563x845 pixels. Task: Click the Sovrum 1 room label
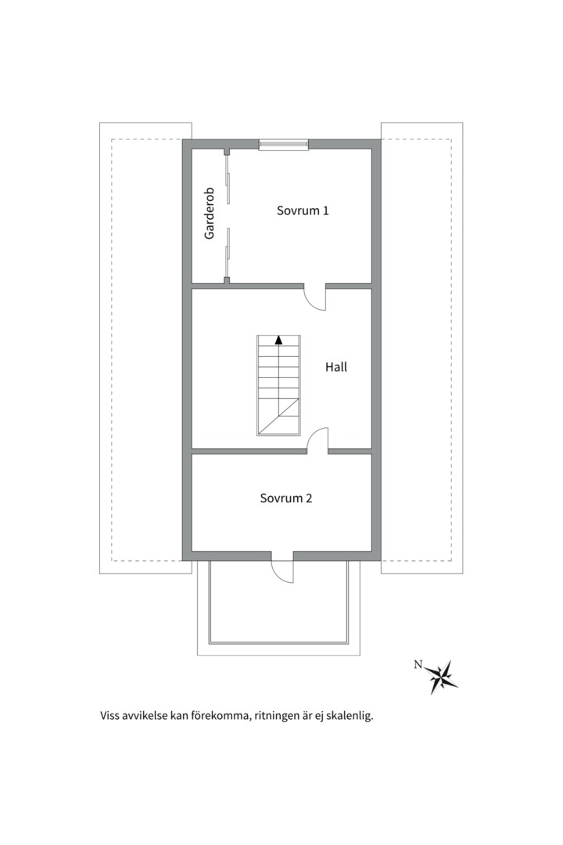pos(303,210)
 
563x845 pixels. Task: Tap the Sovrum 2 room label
pos(286,498)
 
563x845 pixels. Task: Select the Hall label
pos(336,367)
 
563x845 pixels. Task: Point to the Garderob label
pos(210,214)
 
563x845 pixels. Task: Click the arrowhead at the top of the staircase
pos(278,340)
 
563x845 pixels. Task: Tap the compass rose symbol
pos(443,677)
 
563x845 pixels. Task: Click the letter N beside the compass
pos(418,664)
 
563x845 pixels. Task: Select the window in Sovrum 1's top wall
pos(283,144)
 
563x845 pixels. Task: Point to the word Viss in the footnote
pos(109,716)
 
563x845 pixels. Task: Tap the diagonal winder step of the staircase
pos(278,416)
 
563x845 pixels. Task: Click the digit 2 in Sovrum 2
pos(309,498)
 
